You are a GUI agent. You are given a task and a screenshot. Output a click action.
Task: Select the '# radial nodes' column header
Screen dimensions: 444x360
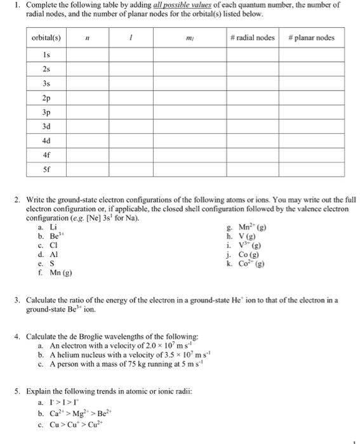coord(253,38)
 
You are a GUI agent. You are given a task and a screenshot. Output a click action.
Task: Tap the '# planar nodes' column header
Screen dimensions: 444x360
coord(312,38)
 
